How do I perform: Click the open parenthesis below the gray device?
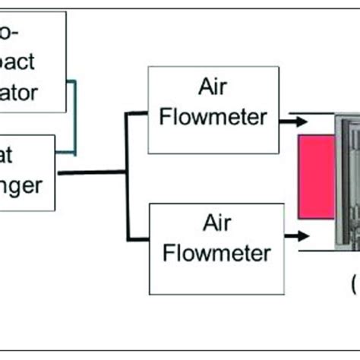pyautogui.click(x=355, y=286)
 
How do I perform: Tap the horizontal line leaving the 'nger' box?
pyautogui.click(x=91, y=173)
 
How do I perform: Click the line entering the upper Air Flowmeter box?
pyautogui.click(x=137, y=114)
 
